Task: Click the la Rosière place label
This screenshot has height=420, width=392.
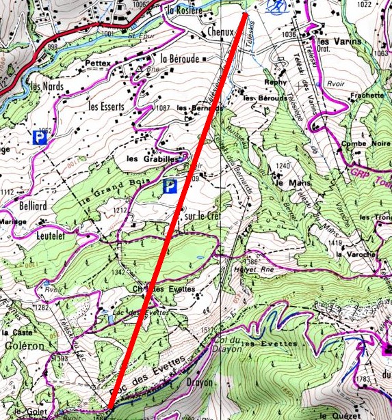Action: (x=185, y=10)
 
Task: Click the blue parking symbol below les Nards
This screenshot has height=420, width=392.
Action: (x=41, y=138)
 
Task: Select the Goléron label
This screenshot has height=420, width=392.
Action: (x=23, y=346)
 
